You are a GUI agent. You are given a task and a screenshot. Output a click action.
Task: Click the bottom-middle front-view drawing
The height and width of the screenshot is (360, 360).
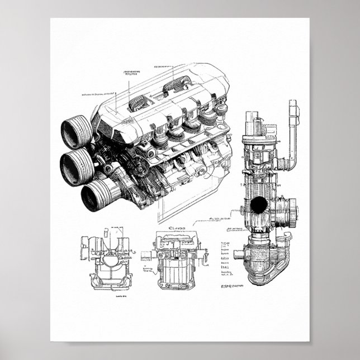point(176,260)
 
